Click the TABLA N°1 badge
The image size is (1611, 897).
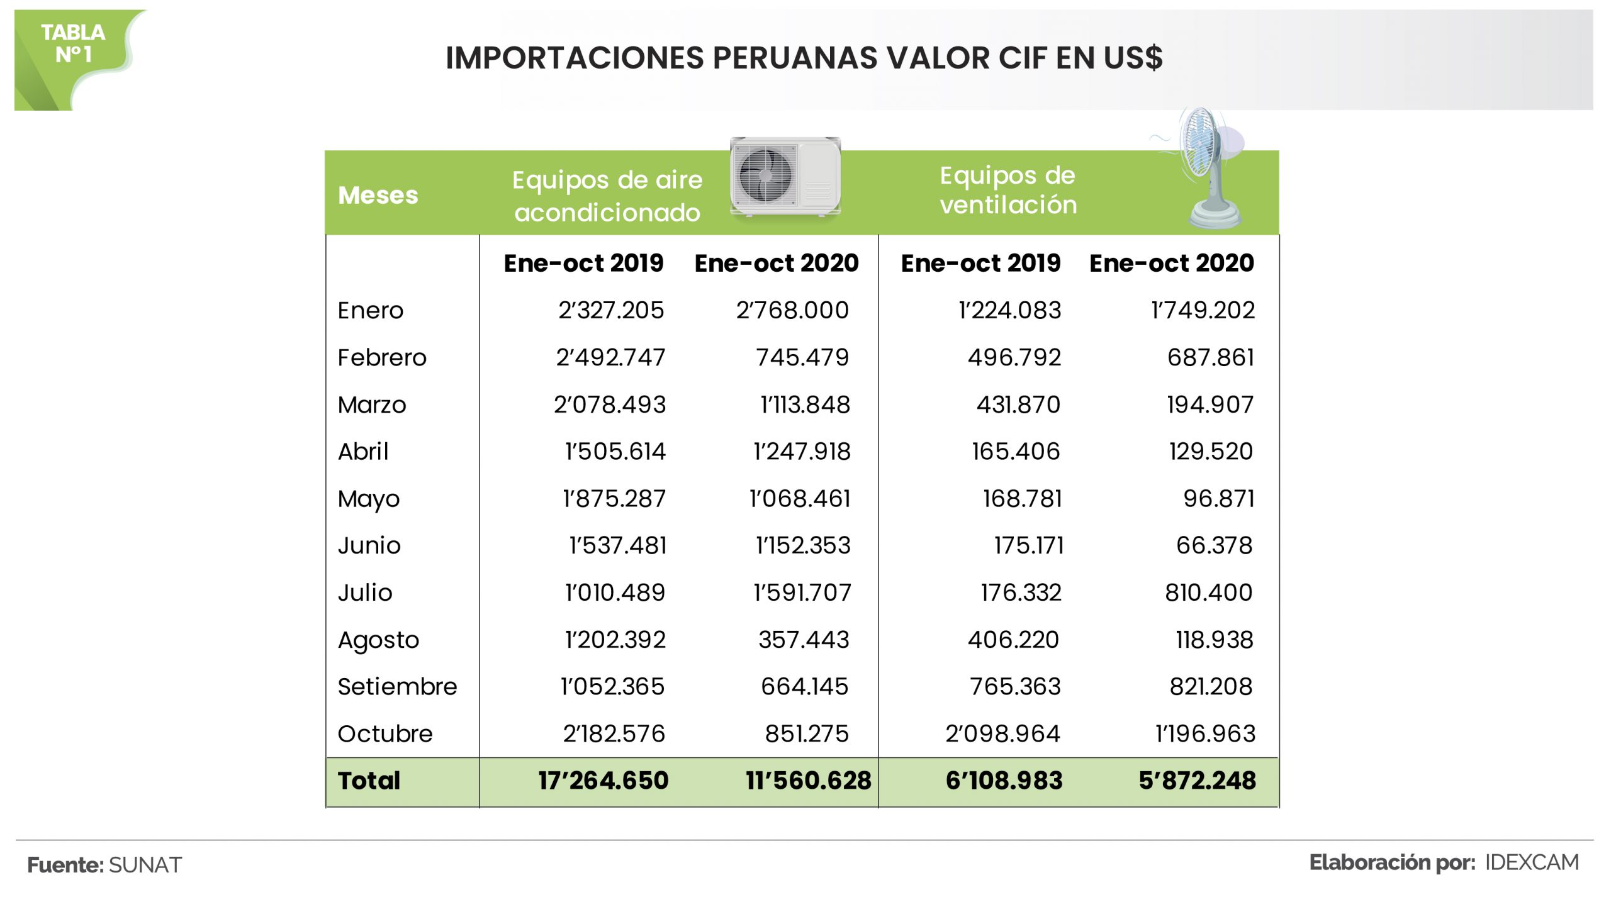73,44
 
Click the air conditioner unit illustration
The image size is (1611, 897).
785,176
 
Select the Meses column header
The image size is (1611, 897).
378,195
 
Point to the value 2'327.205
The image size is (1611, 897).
610,310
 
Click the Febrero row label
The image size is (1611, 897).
381,357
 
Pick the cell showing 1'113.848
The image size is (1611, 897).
805,404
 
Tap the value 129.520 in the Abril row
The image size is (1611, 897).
1211,451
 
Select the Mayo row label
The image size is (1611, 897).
368,499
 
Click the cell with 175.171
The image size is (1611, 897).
1028,545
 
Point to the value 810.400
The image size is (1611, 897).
1208,593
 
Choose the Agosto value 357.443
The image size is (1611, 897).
804,640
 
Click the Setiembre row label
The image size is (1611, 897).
396,686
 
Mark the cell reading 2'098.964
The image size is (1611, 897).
1002,733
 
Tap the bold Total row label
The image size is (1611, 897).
369,781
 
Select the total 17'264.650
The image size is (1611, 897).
603,781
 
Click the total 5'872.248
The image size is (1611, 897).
1197,781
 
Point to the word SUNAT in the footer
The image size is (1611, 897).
145,865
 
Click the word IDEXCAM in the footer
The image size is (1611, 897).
1532,862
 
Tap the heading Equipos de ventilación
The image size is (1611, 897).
1008,190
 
